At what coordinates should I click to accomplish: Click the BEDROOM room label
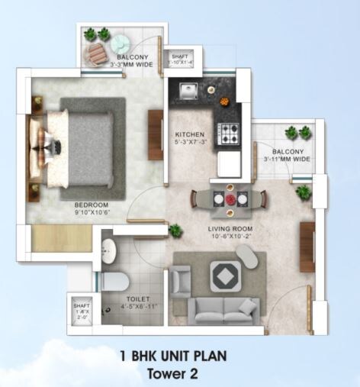point(92,205)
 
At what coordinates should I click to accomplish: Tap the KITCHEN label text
point(188,134)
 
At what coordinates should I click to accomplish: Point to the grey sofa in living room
point(218,308)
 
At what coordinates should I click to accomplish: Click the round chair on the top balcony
point(97,53)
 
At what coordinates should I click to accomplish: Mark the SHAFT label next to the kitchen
point(179,56)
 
